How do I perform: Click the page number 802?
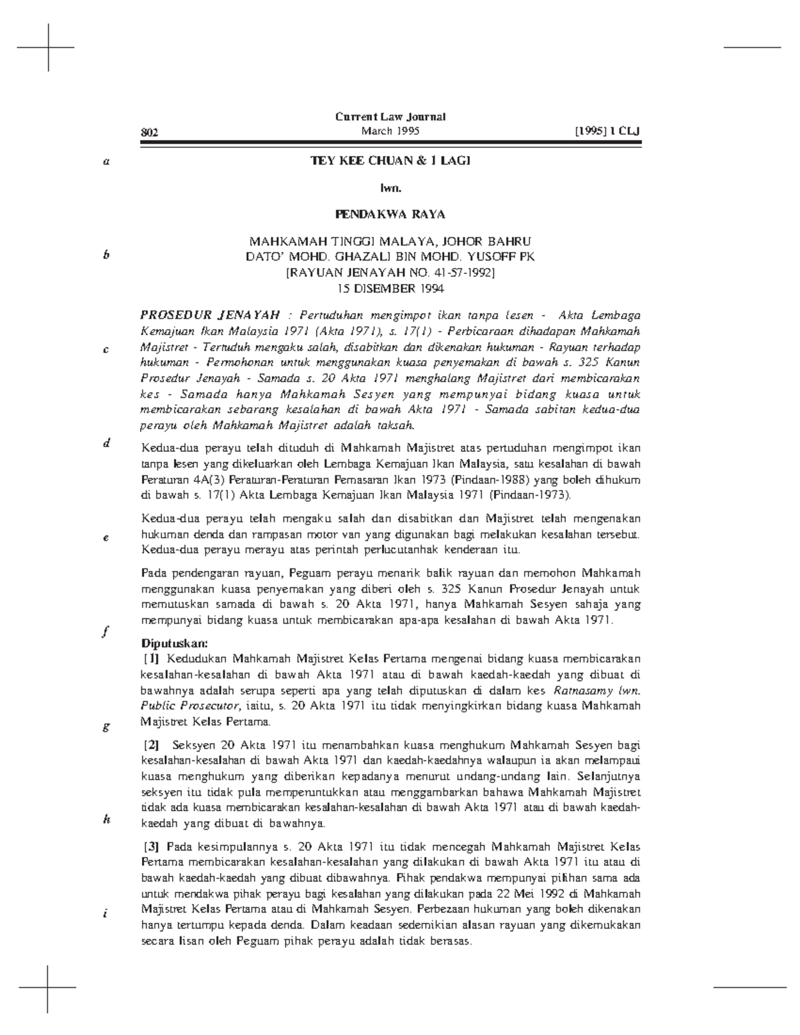149,132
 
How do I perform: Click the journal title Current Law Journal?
390,117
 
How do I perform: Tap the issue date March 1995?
390,131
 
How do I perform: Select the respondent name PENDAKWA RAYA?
390,215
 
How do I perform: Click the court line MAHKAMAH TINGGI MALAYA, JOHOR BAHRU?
390,241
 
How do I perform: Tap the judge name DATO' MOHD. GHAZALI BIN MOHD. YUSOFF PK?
390,257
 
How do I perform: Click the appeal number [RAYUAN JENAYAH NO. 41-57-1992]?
390,273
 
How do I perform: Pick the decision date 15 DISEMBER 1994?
390,289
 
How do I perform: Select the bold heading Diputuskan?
175,644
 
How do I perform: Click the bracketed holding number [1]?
152,658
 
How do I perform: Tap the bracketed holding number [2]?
152,745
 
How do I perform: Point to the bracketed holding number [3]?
152,847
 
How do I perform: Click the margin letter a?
105,162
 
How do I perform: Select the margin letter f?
105,632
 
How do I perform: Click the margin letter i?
105,913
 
